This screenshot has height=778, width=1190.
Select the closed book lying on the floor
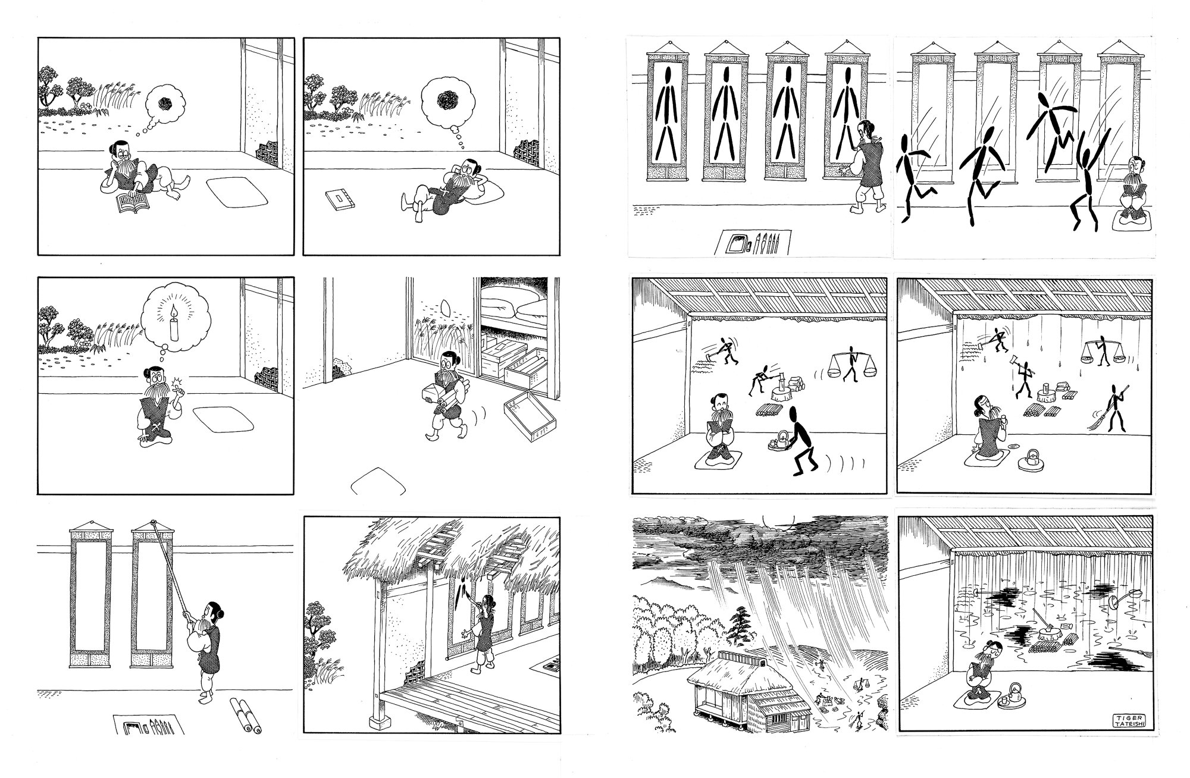click(340, 199)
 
